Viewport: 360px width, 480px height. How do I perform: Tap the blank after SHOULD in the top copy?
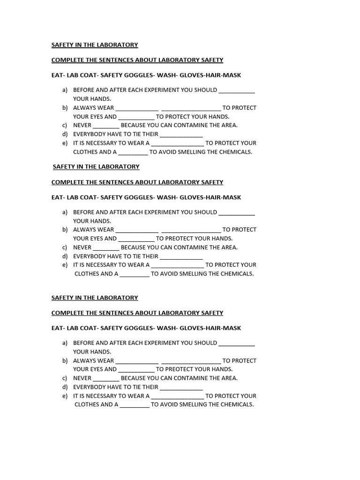pos(237,90)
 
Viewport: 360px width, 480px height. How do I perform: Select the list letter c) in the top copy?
pos(65,125)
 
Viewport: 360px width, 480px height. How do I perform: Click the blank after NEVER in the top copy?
pos(106,126)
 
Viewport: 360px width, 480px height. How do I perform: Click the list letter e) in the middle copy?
pos(65,265)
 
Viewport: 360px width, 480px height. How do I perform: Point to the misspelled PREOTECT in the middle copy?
pos(171,239)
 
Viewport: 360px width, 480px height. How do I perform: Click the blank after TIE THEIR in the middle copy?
pos(181,256)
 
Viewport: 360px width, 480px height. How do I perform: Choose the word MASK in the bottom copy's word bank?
pos(232,328)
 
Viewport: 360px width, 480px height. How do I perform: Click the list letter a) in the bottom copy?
pos(65,343)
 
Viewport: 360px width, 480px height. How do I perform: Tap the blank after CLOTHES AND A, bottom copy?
pos(135,405)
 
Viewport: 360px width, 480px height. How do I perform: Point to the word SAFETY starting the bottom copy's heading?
pos(62,298)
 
